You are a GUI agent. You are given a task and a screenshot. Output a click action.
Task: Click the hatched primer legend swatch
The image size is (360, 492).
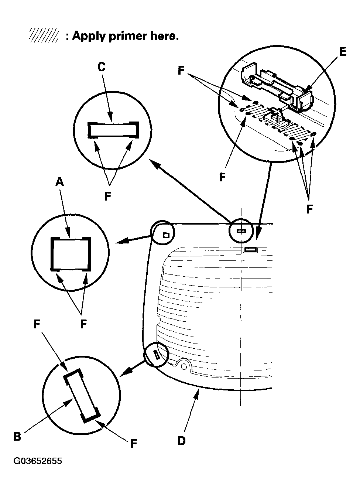44,36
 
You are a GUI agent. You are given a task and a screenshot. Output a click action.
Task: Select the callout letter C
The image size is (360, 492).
101,67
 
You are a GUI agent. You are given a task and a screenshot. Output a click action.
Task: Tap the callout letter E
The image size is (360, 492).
343,52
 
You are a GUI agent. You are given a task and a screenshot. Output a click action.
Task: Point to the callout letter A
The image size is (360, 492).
59,182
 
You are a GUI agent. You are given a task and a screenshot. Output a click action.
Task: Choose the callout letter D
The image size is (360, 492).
181,440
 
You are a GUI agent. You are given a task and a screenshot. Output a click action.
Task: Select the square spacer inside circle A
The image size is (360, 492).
71,253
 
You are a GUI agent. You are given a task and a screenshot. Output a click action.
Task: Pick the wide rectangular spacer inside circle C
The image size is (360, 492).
113,130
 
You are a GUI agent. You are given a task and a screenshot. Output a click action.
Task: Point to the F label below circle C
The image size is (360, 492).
107,196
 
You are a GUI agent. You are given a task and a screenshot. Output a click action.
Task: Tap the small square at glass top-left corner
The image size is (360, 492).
166,235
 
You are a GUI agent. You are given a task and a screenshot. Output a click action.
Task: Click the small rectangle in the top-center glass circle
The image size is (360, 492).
241,231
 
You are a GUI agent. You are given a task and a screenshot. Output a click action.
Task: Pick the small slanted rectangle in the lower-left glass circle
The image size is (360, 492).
157,355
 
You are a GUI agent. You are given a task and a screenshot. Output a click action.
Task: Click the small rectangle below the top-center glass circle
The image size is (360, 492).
250,250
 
